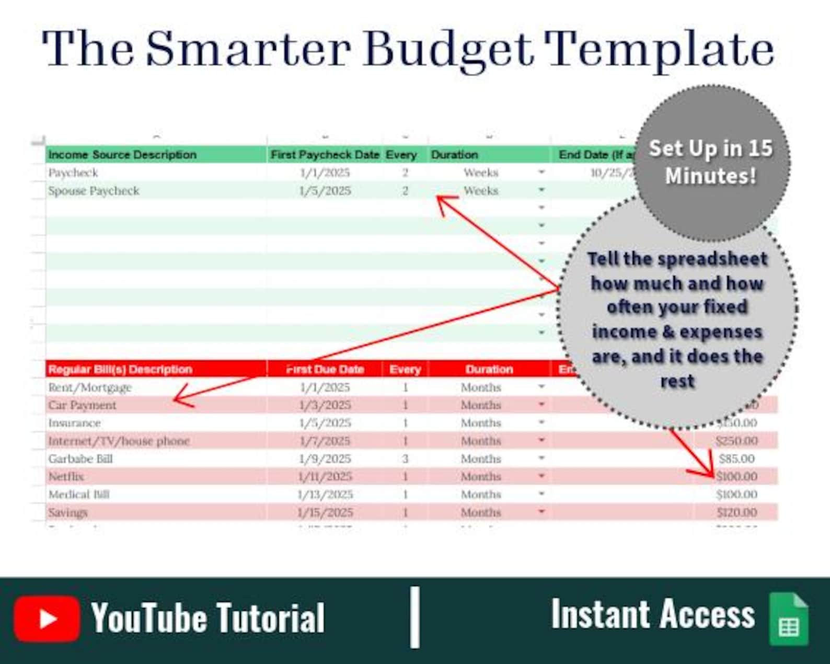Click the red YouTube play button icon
tap(47, 619)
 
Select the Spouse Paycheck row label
tap(94, 191)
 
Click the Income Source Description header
tap(122, 155)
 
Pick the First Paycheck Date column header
tap(325, 155)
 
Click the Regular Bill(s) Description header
tap(120, 369)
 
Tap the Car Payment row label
tap(83, 405)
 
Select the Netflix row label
tap(66, 476)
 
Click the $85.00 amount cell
tap(736, 459)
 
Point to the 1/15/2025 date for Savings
tap(325, 512)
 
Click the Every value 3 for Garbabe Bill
tap(405, 459)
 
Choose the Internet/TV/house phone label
tap(119, 441)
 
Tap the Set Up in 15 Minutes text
tap(710, 162)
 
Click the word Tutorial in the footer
tap(270, 618)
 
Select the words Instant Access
tap(653, 614)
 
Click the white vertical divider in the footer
tap(414, 617)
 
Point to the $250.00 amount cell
tap(736, 441)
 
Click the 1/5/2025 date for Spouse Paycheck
tap(325, 191)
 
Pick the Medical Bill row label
tap(79, 494)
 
